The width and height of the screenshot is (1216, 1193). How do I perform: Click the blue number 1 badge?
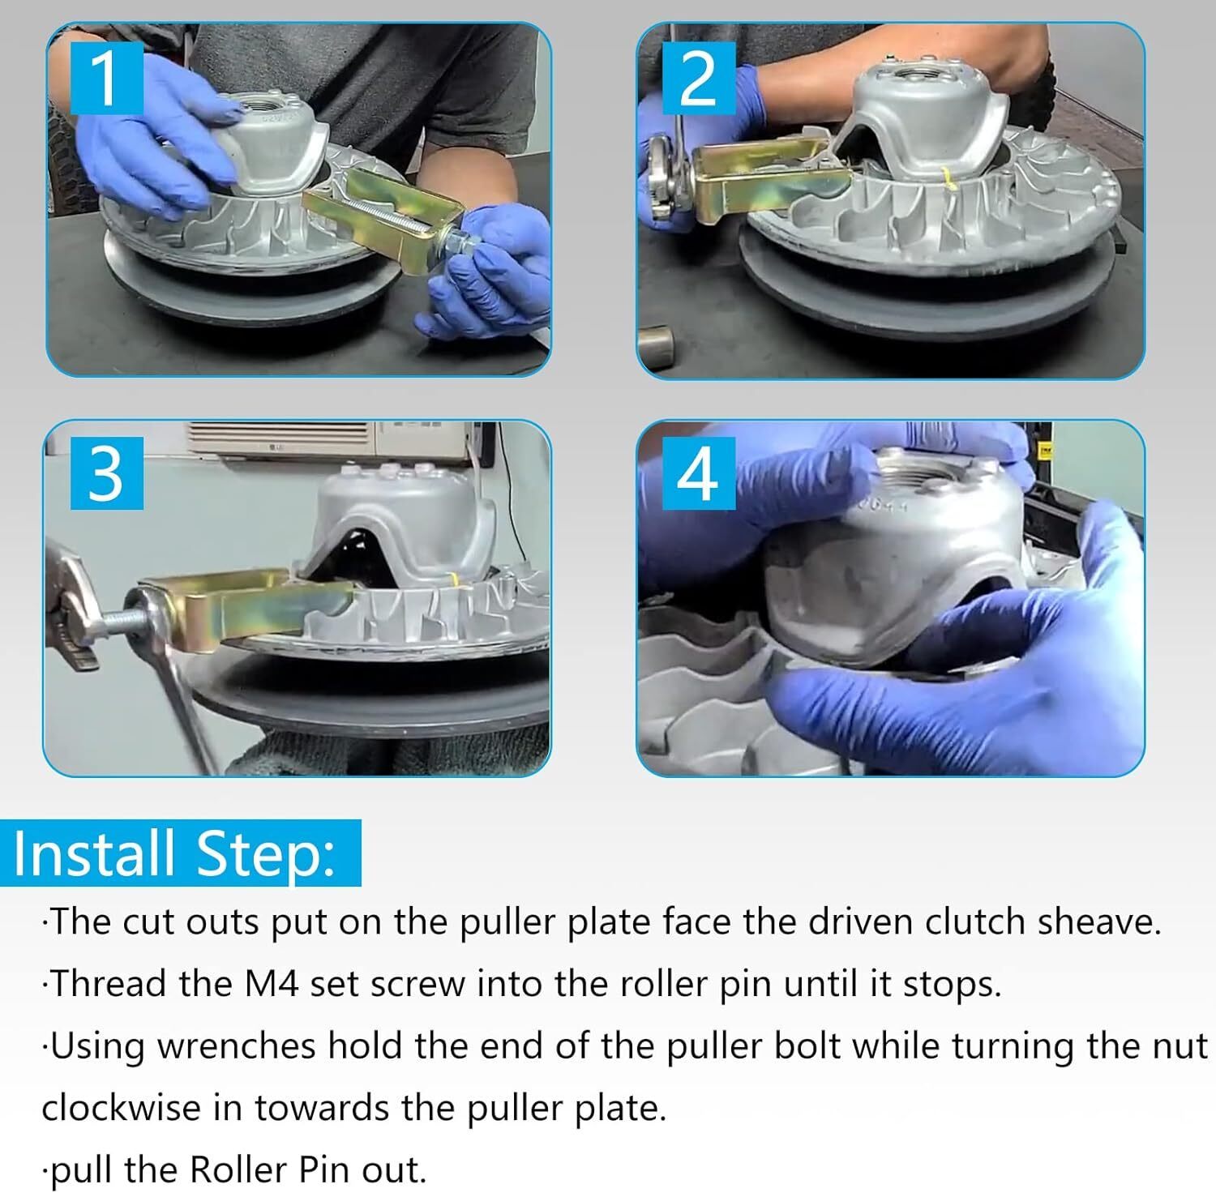tap(107, 78)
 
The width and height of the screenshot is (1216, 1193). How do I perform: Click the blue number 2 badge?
tap(699, 78)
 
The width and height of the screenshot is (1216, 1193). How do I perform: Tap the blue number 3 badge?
tap(107, 473)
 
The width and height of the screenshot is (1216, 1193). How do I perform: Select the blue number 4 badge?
tap(699, 473)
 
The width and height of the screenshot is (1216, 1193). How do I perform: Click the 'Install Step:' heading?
tap(174, 854)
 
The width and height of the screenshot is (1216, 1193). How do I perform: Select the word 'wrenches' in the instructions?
tap(236, 1046)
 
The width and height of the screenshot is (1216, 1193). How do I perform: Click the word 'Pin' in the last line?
tap(327, 1169)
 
